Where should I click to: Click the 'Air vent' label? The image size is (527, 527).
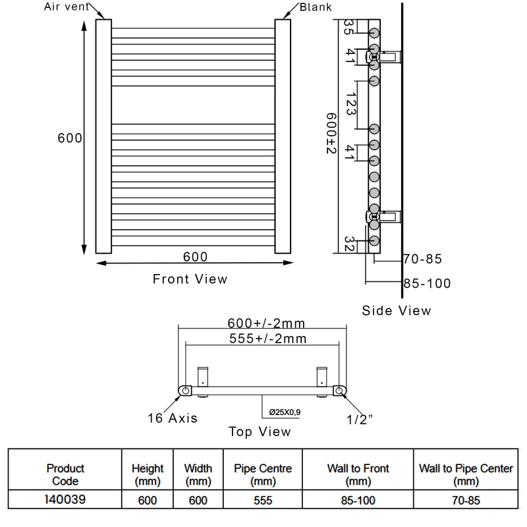point(67,7)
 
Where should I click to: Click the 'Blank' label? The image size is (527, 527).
point(316,7)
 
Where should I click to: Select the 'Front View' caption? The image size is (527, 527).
point(190,279)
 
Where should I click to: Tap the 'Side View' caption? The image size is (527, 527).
point(397,310)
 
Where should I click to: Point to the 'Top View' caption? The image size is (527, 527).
point(260,431)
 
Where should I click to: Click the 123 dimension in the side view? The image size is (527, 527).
point(350,104)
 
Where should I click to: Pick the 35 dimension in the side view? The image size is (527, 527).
point(348,27)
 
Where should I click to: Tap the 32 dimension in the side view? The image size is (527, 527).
point(349,244)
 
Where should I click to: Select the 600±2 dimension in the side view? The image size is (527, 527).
point(331,134)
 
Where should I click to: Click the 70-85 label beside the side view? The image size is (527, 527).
point(423,259)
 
